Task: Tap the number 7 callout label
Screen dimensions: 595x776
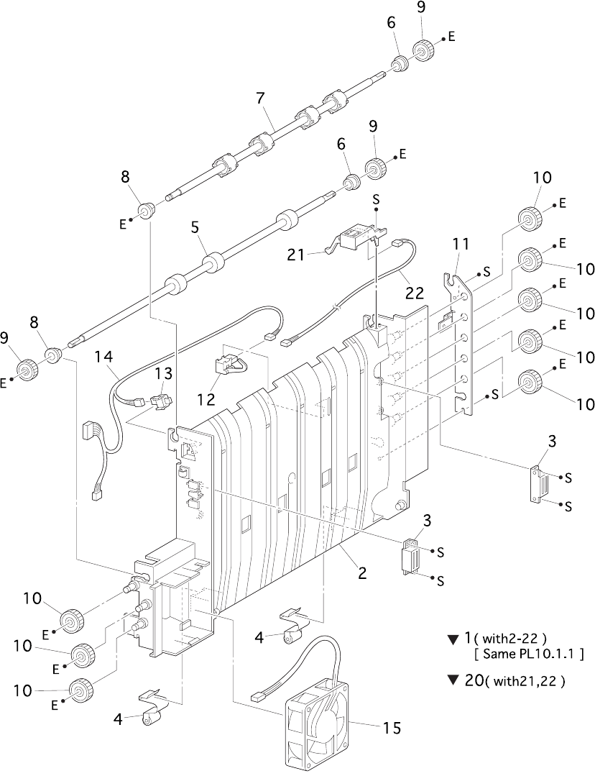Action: coord(261,98)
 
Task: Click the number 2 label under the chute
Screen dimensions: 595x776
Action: coord(363,573)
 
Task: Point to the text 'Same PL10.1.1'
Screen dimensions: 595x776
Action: coord(529,654)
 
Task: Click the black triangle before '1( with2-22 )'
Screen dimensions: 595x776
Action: coord(451,640)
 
